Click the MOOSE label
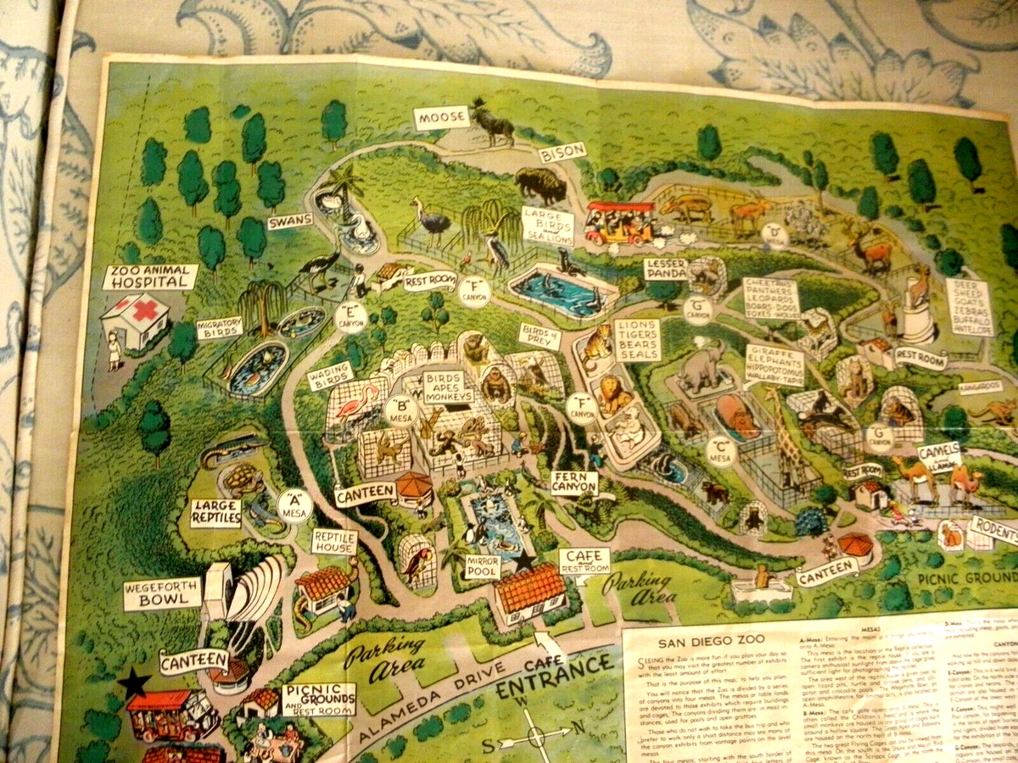tap(440, 119)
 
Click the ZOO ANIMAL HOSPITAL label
tap(149, 276)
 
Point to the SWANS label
tap(290, 222)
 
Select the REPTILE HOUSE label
tap(333, 542)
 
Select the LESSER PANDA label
tap(665, 269)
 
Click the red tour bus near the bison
tap(621, 222)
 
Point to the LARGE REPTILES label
tap(215, 513)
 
